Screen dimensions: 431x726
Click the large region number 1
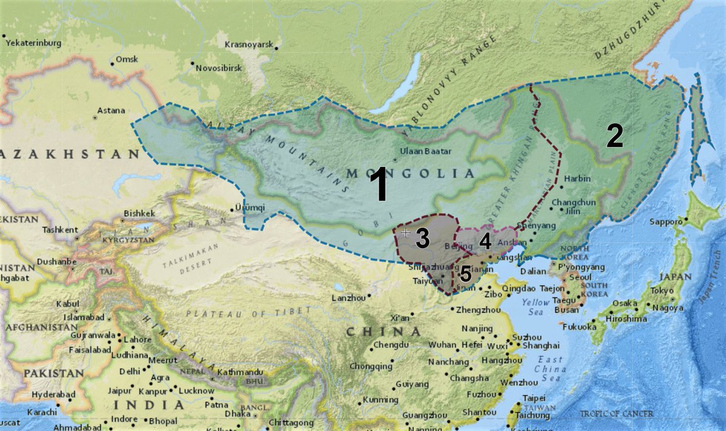pos(379,186)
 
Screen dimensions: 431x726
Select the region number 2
pos(615,137)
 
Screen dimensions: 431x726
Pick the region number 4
pos(485,242)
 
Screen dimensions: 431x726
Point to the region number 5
pos(465,274)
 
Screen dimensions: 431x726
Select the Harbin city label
pos(576,179)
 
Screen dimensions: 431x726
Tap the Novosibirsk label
pos(218,68)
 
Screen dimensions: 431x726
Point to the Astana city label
pos(111,111)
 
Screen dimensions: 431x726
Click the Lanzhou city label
pos(349,298)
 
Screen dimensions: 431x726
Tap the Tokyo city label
pos(662,291)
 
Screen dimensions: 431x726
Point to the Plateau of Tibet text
pos(248,312)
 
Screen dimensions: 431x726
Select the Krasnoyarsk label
pos(249,45)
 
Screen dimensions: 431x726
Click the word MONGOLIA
pos(410,173)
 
